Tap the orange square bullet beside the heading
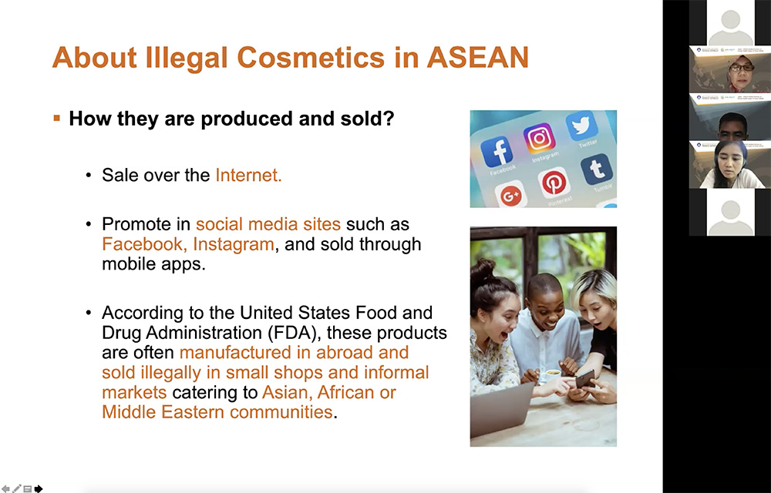56,119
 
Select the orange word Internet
248,175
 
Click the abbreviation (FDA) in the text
295,333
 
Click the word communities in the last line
281,412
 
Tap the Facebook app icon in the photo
497,152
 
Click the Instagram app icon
540,137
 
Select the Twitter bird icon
581,126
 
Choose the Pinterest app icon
554,183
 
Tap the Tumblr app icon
597,169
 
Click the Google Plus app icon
511,196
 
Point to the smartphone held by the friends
585,378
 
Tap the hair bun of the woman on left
483,270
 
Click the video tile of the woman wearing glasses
729,69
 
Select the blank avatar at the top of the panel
730,22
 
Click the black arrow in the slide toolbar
39,488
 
